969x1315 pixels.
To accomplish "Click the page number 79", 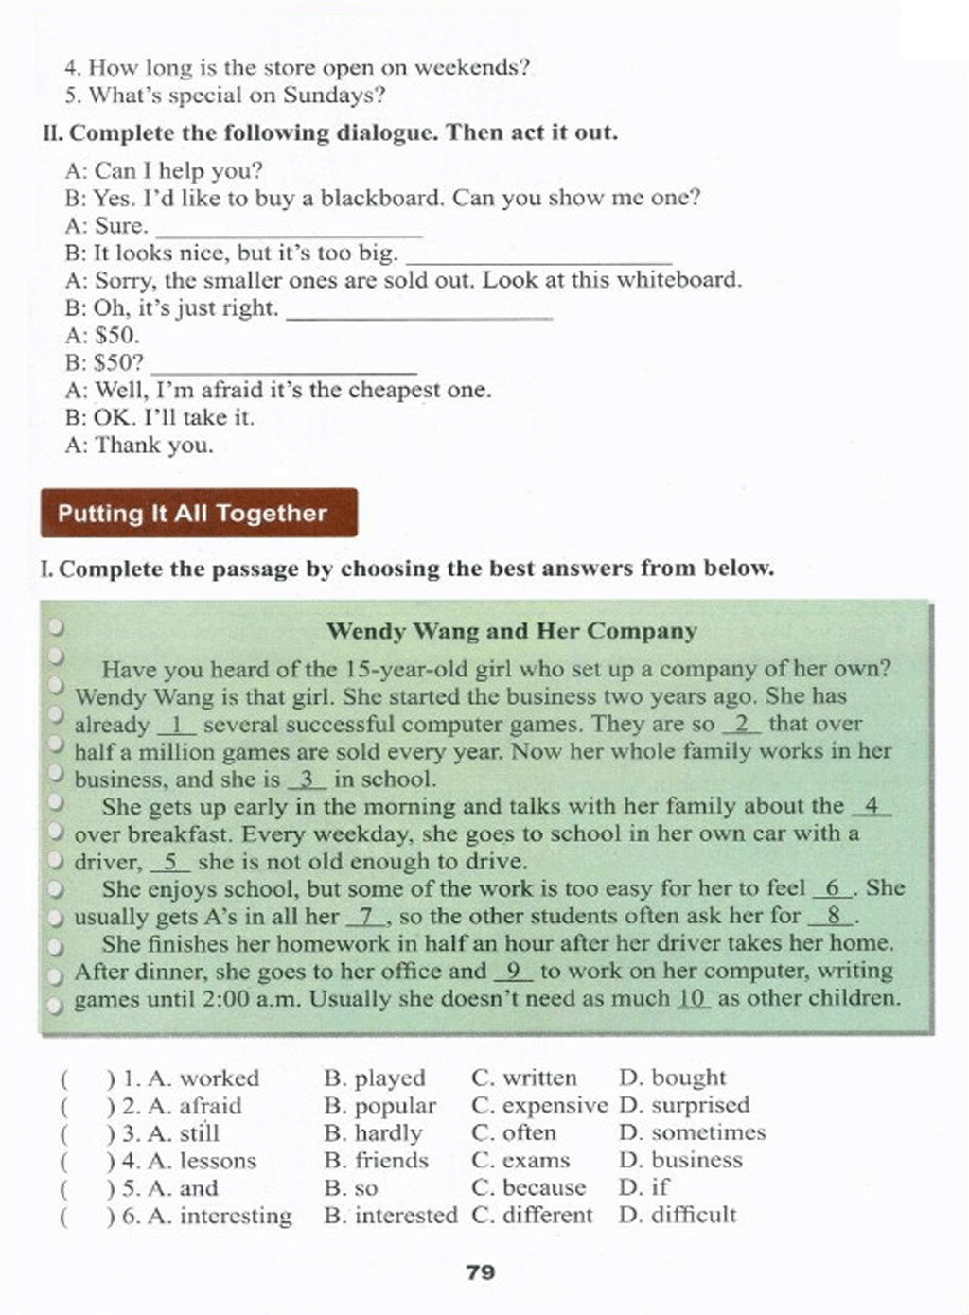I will [x=481, y=1272].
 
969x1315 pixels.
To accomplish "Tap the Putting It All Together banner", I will [x=199, y=513].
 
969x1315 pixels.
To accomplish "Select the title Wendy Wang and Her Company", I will [x=511, y=631].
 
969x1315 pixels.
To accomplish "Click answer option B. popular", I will [x=379, y=1105].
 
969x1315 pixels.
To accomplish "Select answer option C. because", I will [x=528, y=1187].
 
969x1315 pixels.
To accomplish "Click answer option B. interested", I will [x=390, y=1215].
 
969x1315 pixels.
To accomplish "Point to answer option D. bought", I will [x=672, y=1078].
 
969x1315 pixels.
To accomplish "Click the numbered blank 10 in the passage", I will [x=694, y=999].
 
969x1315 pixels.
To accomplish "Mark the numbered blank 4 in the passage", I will [x=872, y=807].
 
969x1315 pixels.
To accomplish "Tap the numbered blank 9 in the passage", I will [x=514, y=972].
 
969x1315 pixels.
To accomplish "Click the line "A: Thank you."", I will [x=139, y=445].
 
